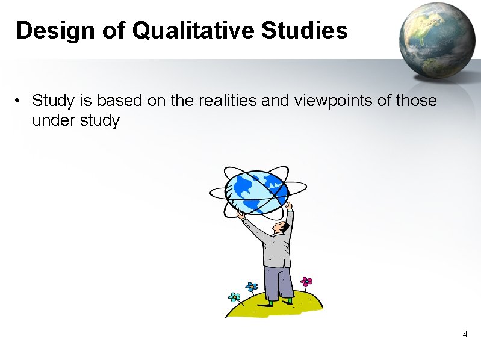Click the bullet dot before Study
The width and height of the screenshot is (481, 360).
tap(20, 101)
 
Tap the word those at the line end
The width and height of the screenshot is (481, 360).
tap(416, 100)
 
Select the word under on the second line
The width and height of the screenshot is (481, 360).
tap(51, 120)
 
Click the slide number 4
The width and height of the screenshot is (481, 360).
tap(464, 334)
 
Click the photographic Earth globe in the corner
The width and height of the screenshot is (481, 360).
tap(438, 39)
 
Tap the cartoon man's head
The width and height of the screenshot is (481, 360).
tap(279, 227)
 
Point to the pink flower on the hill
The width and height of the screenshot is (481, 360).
tap(307, 281)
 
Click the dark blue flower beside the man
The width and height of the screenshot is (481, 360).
tap(252, 287)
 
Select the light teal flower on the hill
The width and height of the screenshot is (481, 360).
tap(234, 297)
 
